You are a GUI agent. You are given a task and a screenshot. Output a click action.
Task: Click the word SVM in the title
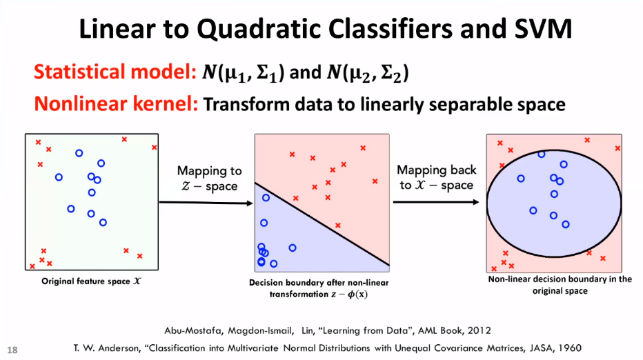pos(543,29)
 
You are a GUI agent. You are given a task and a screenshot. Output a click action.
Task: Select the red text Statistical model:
pos(115,72)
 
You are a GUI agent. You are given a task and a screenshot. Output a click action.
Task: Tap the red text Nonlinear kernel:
pos(116,103)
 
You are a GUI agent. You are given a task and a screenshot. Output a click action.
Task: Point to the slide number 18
pos(12,350)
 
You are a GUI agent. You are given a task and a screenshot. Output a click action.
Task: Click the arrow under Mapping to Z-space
pos(206,203)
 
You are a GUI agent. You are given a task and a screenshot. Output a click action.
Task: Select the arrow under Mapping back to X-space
pos(436,202)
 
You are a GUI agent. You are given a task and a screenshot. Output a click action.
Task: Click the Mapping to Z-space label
pos(209,178)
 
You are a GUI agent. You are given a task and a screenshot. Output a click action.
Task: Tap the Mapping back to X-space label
pos(436,177)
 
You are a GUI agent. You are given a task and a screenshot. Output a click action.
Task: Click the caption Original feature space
pos(91,281)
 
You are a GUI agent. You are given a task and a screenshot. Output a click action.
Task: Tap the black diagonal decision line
pos(322,224)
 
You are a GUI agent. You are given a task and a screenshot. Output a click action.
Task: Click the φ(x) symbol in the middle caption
pos(357,294)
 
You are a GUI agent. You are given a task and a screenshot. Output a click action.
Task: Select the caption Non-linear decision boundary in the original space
pos(560,285)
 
